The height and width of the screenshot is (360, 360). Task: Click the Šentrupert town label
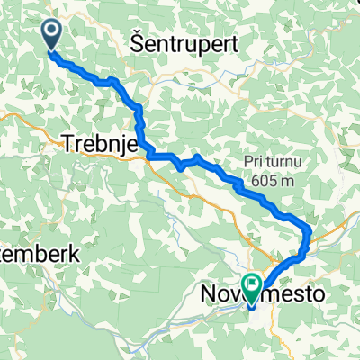(176, 42)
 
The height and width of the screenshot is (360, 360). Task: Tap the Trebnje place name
(98, 142)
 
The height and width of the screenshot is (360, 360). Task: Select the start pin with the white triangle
(50, 34)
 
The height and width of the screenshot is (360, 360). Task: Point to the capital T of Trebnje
(67, 142)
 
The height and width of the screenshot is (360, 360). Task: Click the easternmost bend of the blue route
(310, 232)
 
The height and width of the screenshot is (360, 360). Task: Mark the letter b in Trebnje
(97, 142)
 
